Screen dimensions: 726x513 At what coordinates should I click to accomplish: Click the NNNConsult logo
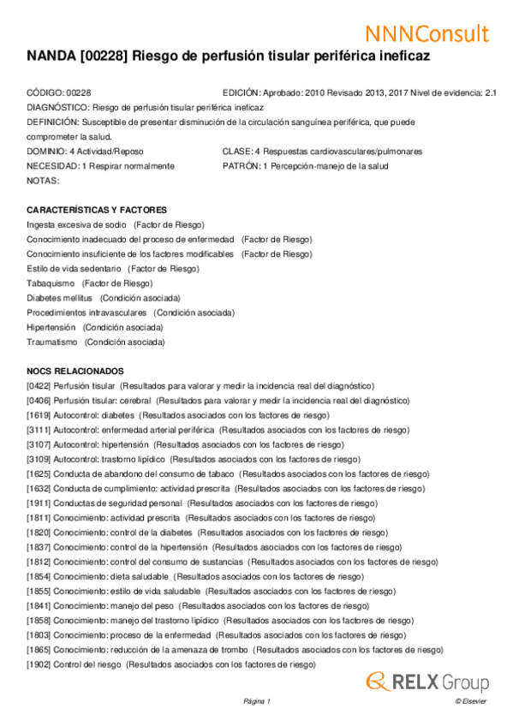pos(427,33)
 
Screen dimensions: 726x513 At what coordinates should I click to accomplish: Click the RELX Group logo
pos(427,681)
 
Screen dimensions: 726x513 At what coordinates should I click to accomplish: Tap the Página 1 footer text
pos(256,701)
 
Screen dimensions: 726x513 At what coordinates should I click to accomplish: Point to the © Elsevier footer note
pos(471,701)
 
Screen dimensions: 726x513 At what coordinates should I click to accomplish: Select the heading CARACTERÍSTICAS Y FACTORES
pos(96,210)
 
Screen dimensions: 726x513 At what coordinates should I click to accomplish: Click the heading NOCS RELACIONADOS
pos(75,371)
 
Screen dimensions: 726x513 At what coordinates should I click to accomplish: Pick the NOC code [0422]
pos(39,387)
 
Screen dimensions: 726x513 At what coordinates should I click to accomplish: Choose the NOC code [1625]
pos(39,473)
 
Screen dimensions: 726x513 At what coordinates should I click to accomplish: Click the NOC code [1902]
pos(39,664)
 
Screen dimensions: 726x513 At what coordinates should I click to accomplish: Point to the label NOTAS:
pos(43,181)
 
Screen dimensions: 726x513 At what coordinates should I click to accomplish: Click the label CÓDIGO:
pos(45,92)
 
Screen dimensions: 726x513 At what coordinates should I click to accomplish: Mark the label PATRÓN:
pos(241,166)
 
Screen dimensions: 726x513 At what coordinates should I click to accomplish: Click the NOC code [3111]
pos(39,430)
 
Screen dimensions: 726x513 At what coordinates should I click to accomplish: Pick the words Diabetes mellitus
pos(59,298)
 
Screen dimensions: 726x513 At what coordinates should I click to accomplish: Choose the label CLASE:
pos(236,152)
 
